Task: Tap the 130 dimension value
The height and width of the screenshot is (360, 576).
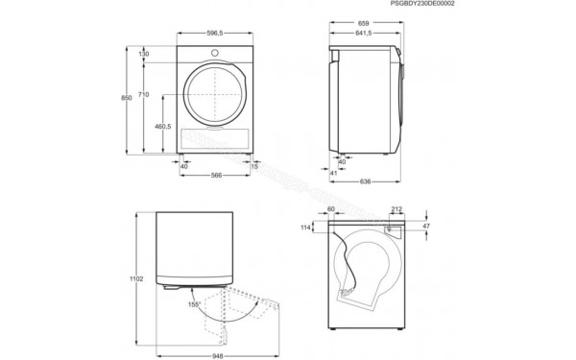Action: pyautogui.click(x=144, y=54)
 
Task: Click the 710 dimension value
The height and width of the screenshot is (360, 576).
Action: pyautogui.click(x=143, y=94)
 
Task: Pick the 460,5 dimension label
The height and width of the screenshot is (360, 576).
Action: pyautogui.click(x=163, y=126)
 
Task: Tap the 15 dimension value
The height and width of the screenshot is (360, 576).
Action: pyautogui.click(x=254, y=165)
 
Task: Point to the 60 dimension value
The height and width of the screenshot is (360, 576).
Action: pyautogui.click(x=331, y=208)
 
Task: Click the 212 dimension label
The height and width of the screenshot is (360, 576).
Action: pyautogui.click(x=396, y=208)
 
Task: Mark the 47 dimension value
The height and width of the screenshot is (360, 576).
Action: pyautogui.click(x=427, y=228)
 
